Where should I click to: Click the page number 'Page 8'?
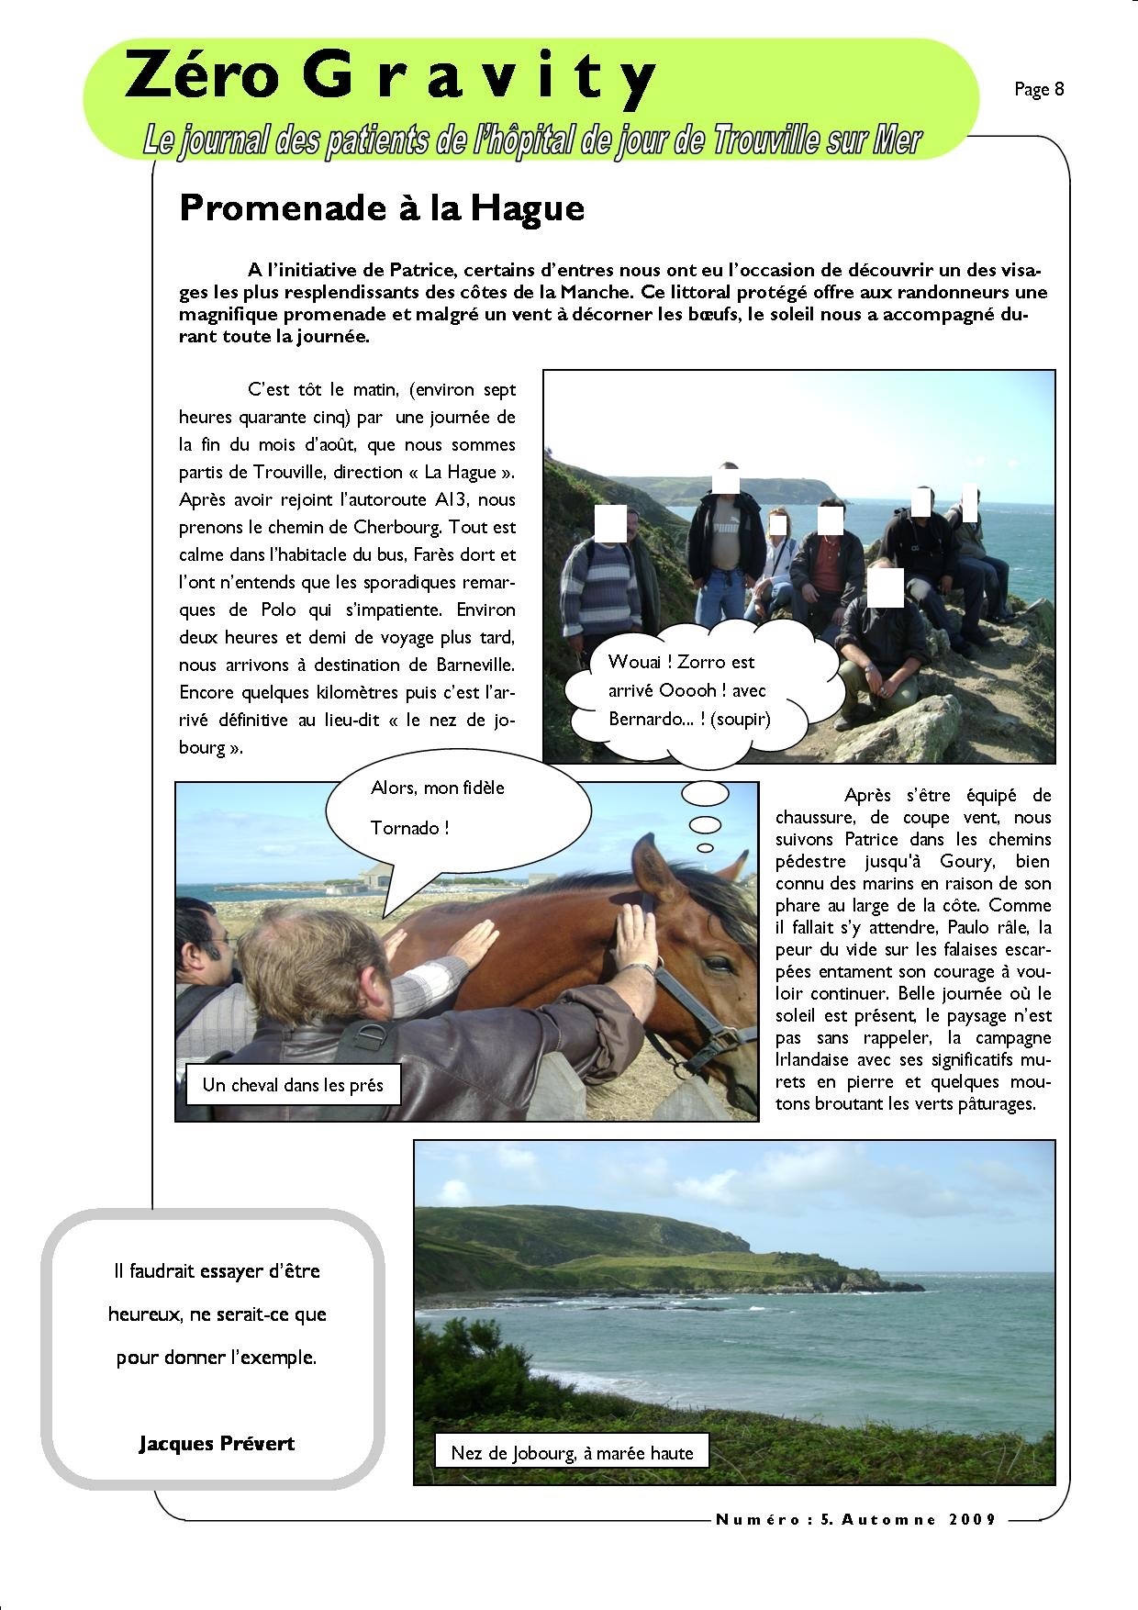click(1039, 89)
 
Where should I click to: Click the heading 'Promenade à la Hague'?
click(382, 208)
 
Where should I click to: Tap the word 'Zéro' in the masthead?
click(201, 77)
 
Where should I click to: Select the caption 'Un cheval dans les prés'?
click(293, 1085)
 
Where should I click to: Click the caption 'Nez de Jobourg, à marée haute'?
click(572, 1452)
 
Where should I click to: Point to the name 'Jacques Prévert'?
click(217, 1443)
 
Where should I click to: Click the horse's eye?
click(716, 963)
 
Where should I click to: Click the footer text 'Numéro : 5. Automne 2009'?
click(855, 1520)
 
